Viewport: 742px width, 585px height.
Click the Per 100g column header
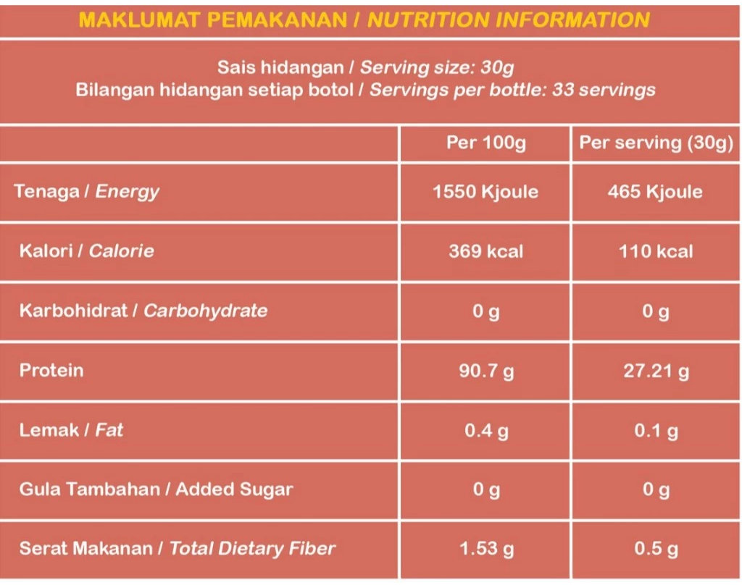tap(485, 143)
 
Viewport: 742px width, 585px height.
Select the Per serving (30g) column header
tap(656, 143)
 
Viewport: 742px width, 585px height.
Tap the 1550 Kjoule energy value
tap(485, 192)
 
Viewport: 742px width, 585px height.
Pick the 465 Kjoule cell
tap(655, 192)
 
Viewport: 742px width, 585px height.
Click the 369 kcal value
tap(485, 251)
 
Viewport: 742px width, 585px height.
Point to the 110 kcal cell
tap(655, 251)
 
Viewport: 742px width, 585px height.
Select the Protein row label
tap(51, 371)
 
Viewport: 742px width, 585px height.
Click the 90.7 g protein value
tap(485, 371)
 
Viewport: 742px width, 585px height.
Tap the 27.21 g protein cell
tap(656, 371)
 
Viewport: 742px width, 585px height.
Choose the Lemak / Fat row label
tap(71, 430)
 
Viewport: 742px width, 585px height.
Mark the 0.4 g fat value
tap(485, 431)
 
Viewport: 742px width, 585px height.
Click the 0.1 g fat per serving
tap(656, 431)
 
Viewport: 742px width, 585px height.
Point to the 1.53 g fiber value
tap(485, 550)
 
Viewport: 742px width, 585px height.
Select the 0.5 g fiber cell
tap(656, 550)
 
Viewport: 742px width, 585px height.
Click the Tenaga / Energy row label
tap(86, 192)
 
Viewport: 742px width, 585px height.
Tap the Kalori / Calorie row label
tap(86, 251)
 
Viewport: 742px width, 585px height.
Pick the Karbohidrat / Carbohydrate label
tap(143, 311)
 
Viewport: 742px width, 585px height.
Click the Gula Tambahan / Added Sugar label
tap(156, 489)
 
